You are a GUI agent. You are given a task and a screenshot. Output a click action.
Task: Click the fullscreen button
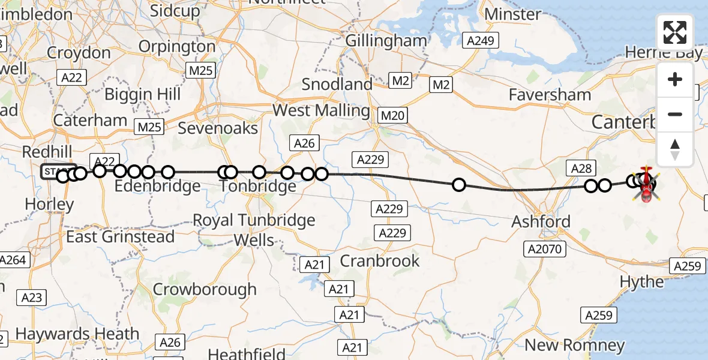click(x=675, y=32)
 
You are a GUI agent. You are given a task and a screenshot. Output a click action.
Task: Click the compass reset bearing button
click(x=675, y=149)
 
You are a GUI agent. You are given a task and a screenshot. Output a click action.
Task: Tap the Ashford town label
click(x=541, y=221)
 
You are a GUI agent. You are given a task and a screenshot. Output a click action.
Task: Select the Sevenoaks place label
click(x=218, y=128)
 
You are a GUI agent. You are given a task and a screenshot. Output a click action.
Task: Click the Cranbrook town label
click(x=380, y=260)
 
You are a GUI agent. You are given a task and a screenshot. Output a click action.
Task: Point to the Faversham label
click(x=550, y=94)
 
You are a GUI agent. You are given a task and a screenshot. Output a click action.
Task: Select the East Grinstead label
click(x=120, y=236)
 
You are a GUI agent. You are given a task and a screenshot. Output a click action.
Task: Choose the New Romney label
click(x=574, y=345)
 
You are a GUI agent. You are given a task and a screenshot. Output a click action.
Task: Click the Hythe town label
click(x=641, y=281)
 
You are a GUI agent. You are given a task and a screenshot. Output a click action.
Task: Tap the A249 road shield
click(x=481, y=41)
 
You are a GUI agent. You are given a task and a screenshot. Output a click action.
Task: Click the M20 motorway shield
click(x=393, y=115)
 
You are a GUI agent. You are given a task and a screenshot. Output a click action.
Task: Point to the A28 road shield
click(x=581, y=169)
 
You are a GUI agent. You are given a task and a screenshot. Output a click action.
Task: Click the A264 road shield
click(x=13, y=260)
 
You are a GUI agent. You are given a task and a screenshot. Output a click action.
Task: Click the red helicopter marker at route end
click(x=646, y=187)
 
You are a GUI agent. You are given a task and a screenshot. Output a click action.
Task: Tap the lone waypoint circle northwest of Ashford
click(x=458, y=185)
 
